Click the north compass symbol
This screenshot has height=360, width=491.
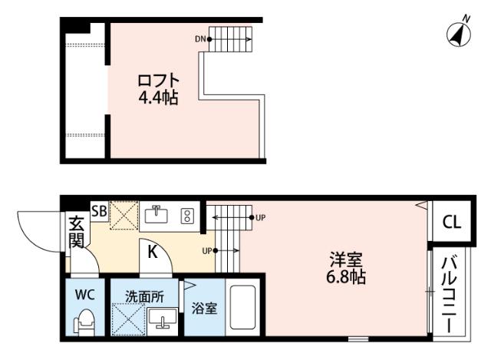point(459,32)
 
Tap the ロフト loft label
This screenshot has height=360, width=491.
point(158,81)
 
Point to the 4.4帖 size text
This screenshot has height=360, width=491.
point(159,97)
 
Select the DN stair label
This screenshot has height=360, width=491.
point(200,38)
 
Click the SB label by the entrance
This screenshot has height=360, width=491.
point(99,211)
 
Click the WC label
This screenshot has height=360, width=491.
point(84,294)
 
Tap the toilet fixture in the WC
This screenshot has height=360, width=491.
point(86,321)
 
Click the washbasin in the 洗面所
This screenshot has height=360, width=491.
point(163,319)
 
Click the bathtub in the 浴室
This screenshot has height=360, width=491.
point(244,309)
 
